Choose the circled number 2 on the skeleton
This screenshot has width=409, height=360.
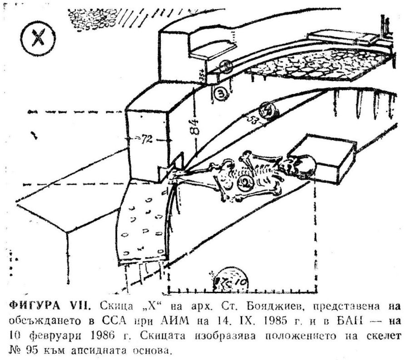pos(244,183)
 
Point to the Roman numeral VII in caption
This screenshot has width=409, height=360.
pos(80,306)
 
